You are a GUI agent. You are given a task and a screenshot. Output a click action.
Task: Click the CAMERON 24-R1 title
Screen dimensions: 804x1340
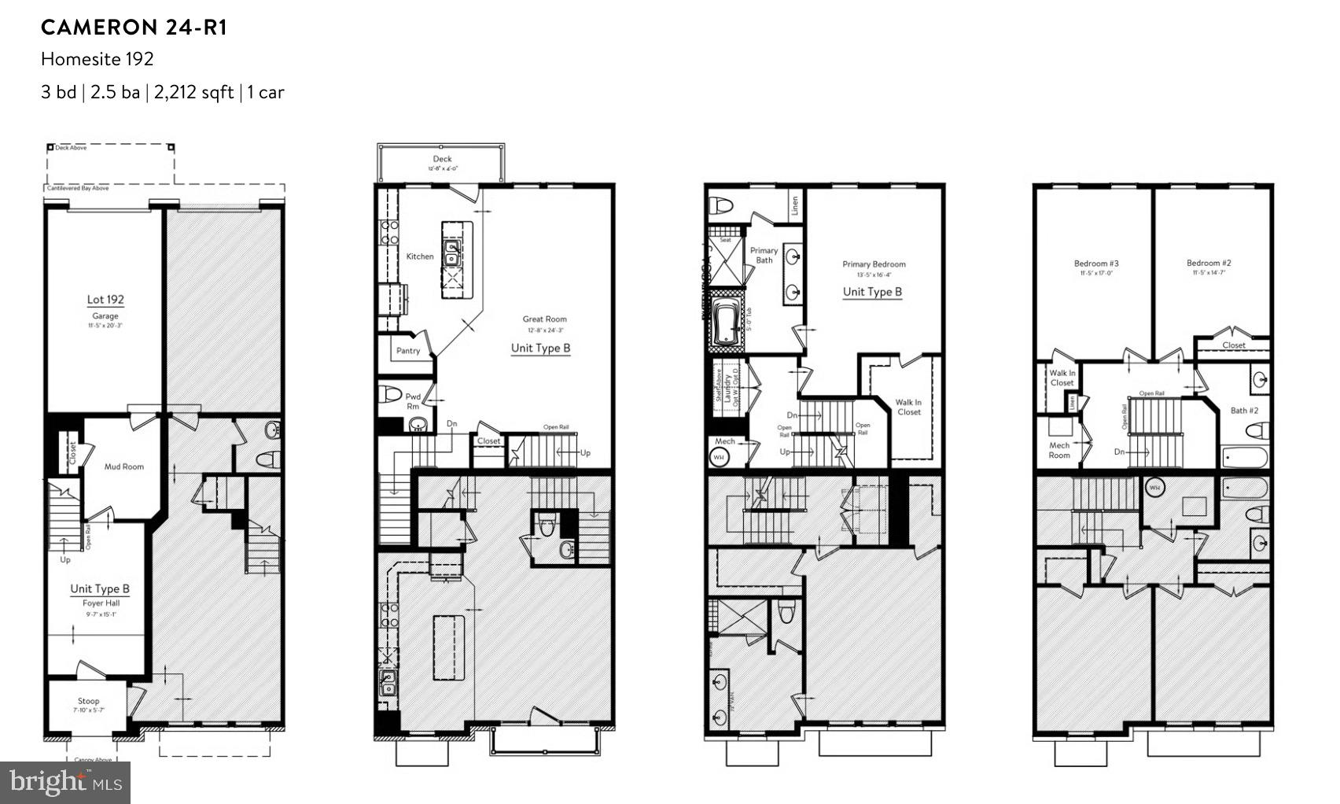(134, 28)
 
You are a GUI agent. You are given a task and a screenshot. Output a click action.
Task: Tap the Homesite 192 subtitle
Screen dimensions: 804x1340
(98, 59)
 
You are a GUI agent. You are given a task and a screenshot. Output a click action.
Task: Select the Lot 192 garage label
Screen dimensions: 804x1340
(105, 300)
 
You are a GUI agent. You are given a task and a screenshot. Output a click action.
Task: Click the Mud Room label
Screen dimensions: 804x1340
(124, 467)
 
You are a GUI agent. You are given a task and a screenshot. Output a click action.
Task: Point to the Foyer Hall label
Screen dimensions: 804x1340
(100, 603)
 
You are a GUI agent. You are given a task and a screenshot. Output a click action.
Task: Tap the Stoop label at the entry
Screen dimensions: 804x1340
(89, 701)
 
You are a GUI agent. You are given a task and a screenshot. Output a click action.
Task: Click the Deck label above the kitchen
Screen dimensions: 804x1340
(442, 159)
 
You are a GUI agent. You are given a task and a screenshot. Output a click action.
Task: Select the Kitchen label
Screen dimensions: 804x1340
(420, 256)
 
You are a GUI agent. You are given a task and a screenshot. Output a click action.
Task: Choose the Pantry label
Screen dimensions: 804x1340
(408, 351)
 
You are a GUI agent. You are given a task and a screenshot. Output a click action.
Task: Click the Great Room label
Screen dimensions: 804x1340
(544, 319)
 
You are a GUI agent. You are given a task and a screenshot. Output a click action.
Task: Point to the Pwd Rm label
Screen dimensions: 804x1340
(413, 401)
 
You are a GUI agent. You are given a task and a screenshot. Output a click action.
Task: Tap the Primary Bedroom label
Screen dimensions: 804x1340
(874, 264)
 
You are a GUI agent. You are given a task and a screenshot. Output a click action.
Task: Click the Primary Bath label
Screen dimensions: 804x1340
(764, 255)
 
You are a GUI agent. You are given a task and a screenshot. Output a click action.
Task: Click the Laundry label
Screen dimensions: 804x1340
(729, 387)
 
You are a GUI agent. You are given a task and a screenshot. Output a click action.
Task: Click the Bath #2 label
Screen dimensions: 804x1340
(1244, 411)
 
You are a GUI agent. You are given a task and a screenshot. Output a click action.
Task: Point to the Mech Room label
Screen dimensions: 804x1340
(1059, 450)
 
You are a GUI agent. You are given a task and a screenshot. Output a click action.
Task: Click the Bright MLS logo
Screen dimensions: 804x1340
(66, 783)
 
